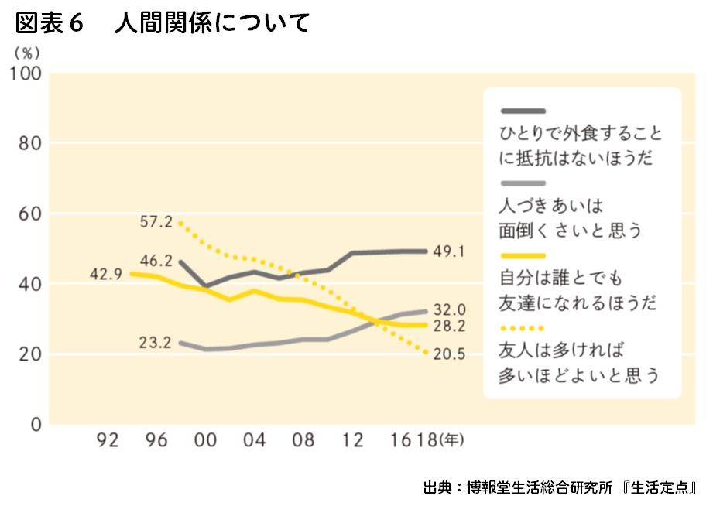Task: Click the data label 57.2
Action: (x=156, y=222)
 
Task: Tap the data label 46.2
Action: (x=156, y=261)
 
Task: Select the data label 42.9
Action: (x=105, y=273)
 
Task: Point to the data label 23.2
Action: (x=156, y=342)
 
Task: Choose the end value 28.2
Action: (x=451, y=326)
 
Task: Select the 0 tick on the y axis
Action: (x=36, y=425)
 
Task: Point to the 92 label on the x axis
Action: (x=109, y=441)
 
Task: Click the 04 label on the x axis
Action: (x=255, y=441)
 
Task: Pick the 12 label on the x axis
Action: (x=352, y=441)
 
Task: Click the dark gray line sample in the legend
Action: (x=523, y=111)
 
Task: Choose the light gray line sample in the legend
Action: (x=523, y=183)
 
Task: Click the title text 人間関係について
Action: (x=212, y=24)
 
